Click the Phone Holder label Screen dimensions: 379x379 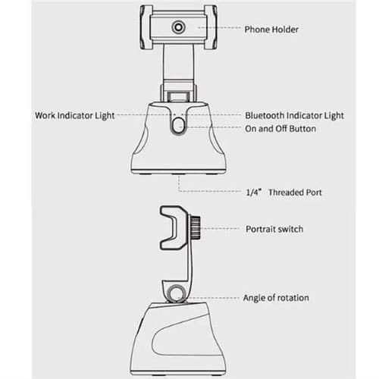271,30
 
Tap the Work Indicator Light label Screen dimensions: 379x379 75,116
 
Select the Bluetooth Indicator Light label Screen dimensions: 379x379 294,116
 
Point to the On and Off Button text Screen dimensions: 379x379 280,129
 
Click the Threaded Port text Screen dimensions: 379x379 295,193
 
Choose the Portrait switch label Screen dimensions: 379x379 274,229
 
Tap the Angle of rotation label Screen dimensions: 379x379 276,298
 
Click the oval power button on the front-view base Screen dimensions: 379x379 179,126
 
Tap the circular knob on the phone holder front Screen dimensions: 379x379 179,27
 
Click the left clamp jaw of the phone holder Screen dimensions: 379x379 146,27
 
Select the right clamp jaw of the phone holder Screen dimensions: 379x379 211,27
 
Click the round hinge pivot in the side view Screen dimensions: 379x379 177,294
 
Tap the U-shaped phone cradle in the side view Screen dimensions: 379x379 174,228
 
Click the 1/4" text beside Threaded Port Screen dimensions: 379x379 252,193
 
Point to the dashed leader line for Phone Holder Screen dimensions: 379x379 219,27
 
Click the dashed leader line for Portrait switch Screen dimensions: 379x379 220,228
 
